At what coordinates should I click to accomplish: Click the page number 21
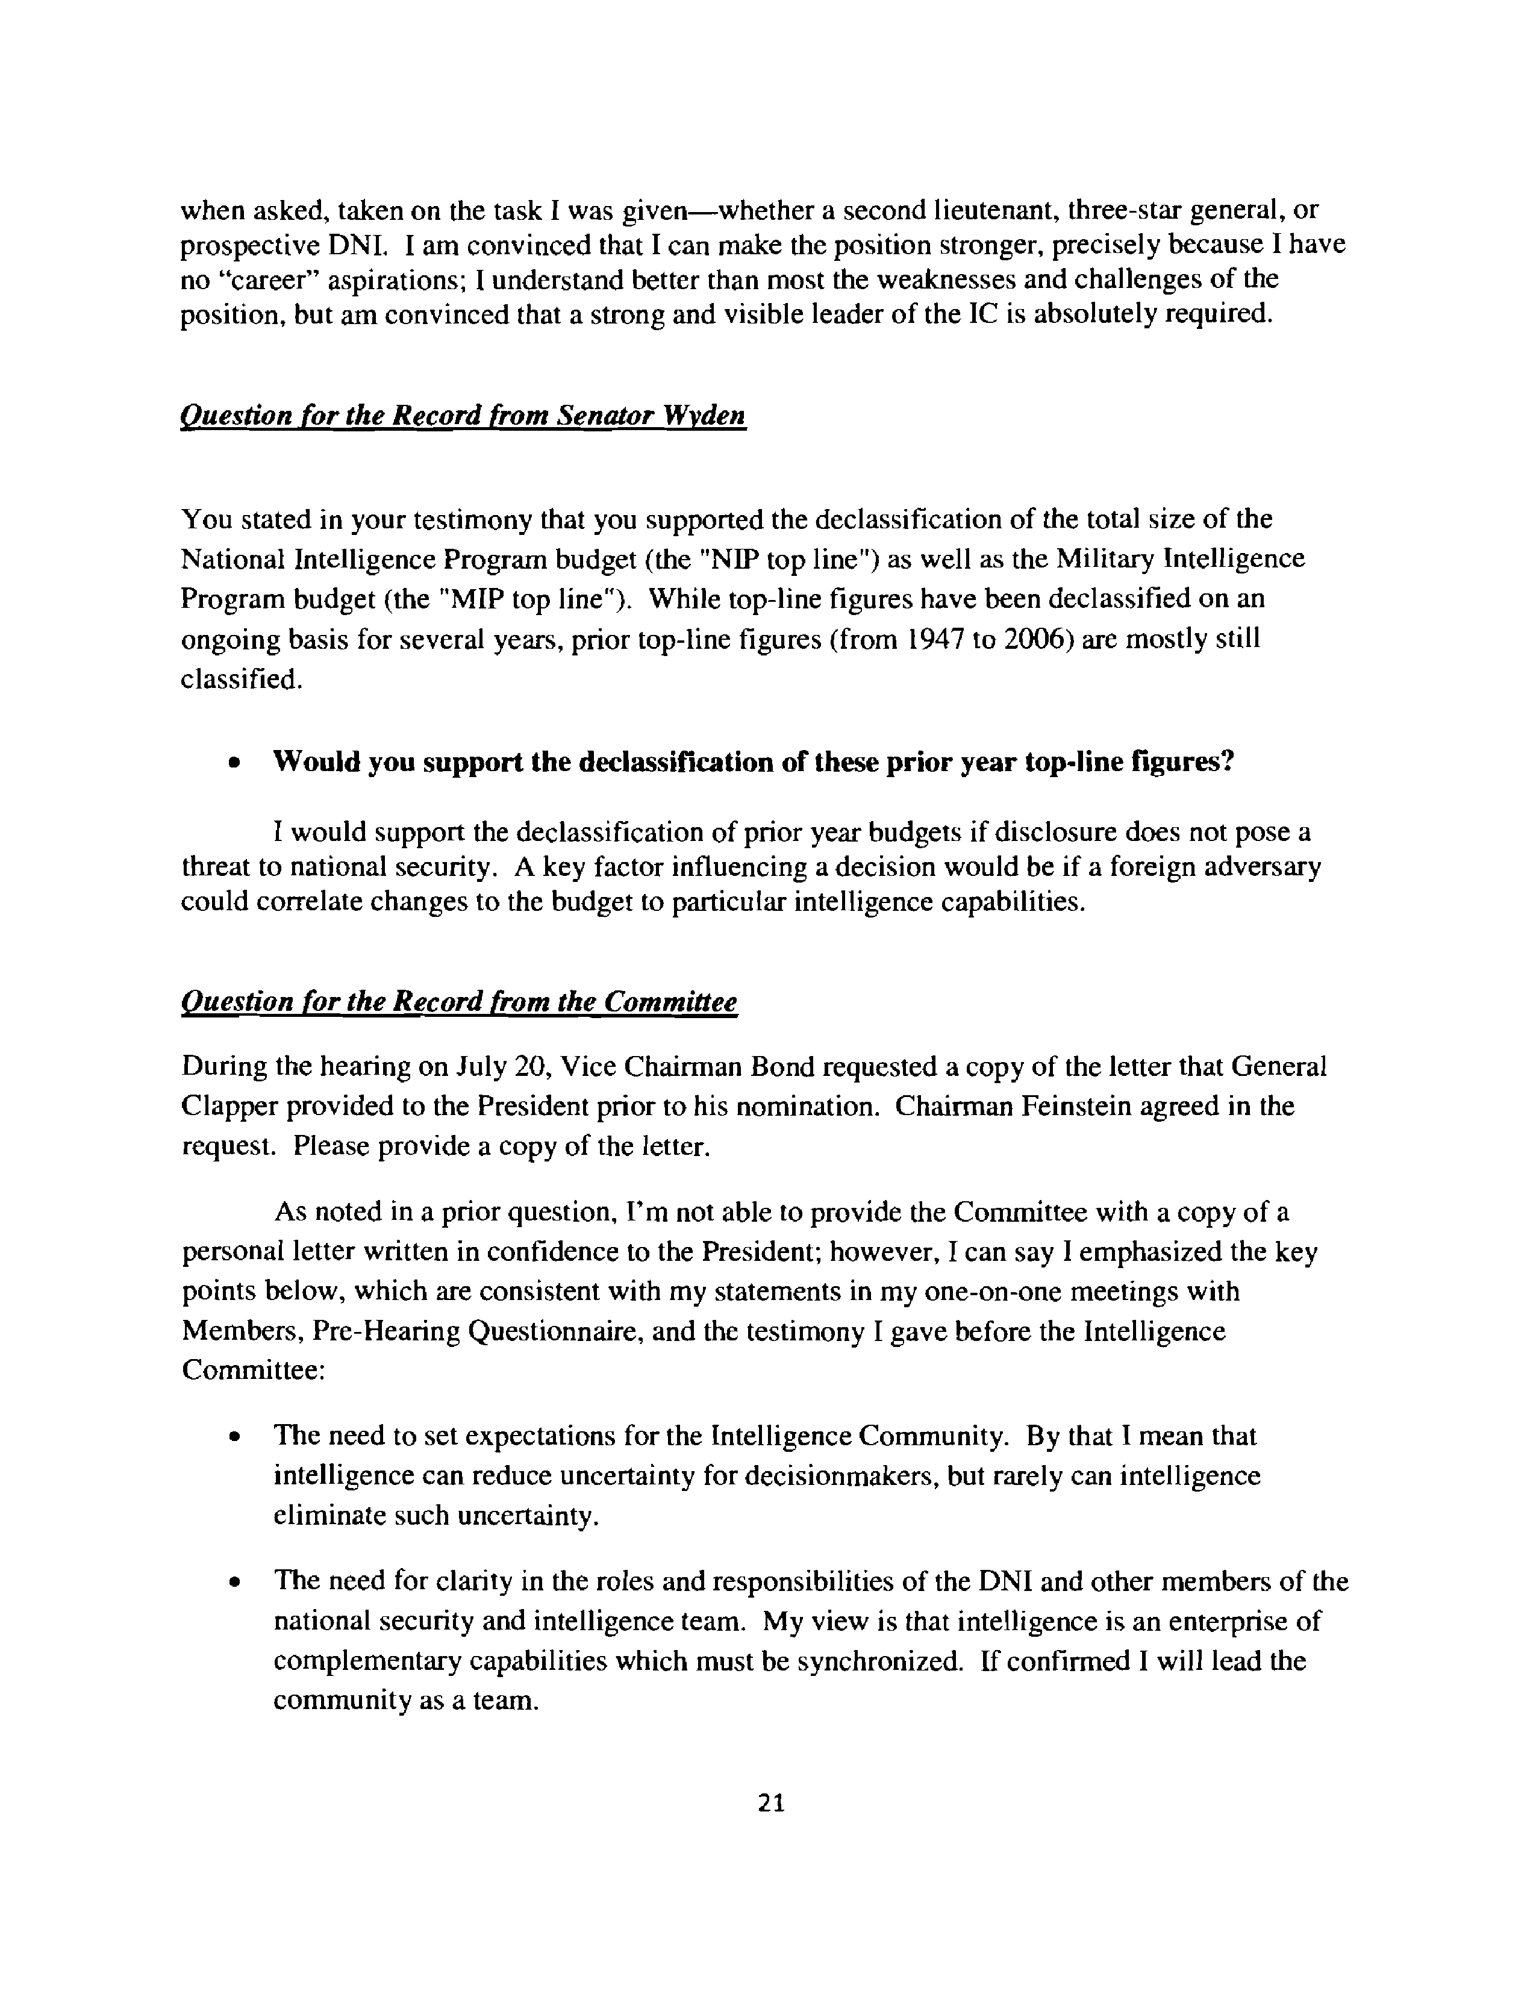click(x=770, y=1802)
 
